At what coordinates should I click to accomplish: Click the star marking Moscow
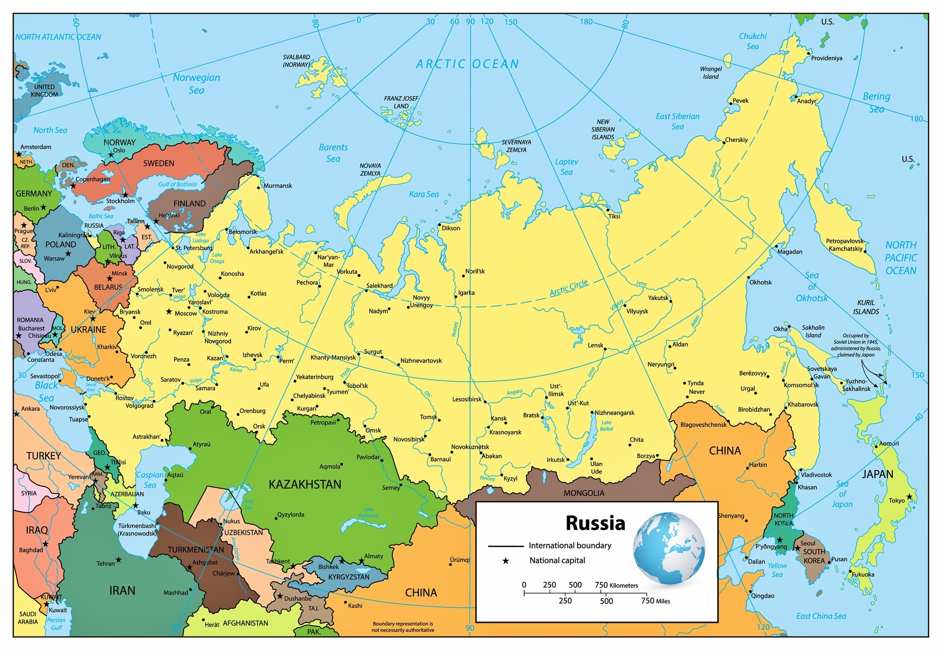coord(168,312)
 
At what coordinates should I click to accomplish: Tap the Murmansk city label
coord(278,186)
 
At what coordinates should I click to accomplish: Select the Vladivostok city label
coord(817,475)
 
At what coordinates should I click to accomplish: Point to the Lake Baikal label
coord(606,425)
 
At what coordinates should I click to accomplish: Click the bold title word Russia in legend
coord(595,523)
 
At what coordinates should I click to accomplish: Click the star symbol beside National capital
coord(506,561)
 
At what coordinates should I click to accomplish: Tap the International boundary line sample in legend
coord(506,546)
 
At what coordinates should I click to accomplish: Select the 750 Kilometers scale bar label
coord(616,585)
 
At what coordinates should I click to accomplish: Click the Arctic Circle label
coord(569,288)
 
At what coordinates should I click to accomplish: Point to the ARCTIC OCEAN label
coord(467,64)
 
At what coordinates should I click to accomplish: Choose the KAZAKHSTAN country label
coord(305,484)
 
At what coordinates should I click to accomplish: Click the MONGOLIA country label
coord(584,493)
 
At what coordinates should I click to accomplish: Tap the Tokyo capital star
coord(909,496)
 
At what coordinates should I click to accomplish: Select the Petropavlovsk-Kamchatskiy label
coord(845,245)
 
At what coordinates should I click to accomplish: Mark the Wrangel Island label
coord(710,73)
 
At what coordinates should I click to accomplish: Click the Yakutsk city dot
coord(671,300)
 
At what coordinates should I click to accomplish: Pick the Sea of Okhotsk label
coord(812,287)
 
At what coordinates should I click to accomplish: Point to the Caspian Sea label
coord(150,479)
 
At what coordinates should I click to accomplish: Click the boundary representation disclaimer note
coord(403,627)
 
